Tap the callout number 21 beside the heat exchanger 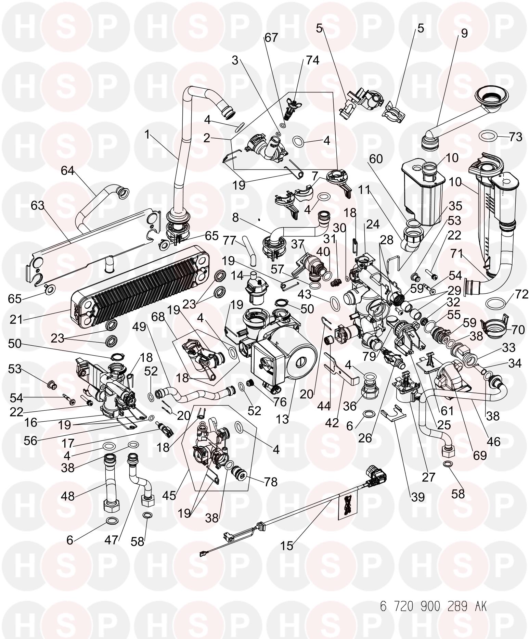(x=16, y=319)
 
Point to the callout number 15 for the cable (x=287, y=546)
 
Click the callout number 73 (x=515, y=137)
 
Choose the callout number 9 (x=464, y=33)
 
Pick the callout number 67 (x=271, y=38)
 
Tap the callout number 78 (x=270, y=482)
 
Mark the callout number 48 (x=68, y=495)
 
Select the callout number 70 (x=518, y=330)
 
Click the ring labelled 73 (x=489, y=136)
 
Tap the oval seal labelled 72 (x=496, y=303)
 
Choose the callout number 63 (x=38, y=206)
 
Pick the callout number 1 (x=147, y=135)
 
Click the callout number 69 (x=479, y=455)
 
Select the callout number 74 (x=312, y=60)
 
